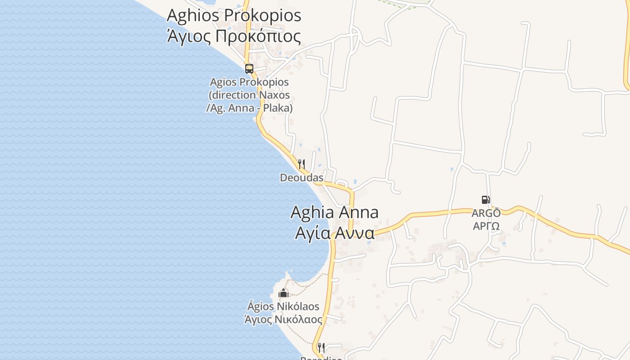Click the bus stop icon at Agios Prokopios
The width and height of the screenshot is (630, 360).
coord(249,69)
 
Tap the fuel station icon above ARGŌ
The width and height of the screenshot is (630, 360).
coord(486,200)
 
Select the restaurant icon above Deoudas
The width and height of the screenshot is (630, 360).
coord(301,164)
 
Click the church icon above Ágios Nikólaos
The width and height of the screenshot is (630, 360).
coord(283,293)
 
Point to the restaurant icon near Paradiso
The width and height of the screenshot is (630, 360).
coord(321,347)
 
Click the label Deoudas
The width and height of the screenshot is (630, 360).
coord(301,178)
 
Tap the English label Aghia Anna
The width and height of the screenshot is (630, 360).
coord(334,212)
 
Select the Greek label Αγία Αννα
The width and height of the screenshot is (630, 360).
coord(335,233)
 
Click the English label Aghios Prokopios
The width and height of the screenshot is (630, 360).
coord(234,15)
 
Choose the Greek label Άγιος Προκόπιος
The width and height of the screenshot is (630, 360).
coord(234,36)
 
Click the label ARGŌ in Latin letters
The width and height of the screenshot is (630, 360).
coord(486,213)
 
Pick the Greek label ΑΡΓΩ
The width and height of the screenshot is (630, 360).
coord(486,225)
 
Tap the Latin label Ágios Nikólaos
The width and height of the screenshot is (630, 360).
coord(283,306)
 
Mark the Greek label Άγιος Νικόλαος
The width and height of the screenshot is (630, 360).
coord(283,319)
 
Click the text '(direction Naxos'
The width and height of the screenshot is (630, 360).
coord(249,95)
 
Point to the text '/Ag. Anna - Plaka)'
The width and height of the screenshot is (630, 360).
coord(249,108)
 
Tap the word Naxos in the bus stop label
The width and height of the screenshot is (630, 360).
coord(274,95)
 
